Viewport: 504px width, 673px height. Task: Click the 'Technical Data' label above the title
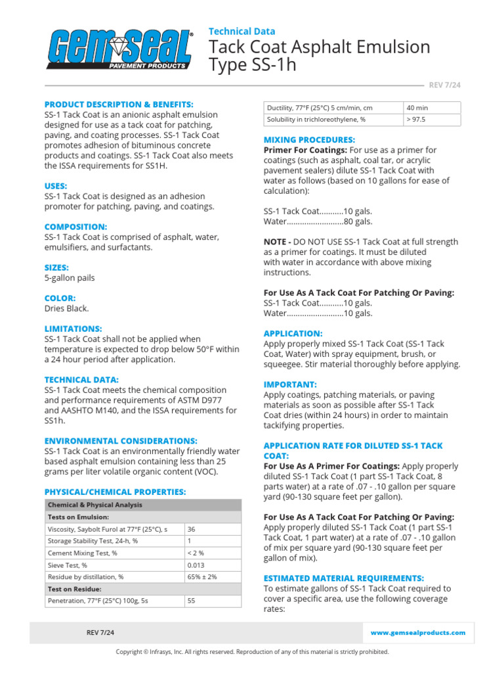pyautogui.click(x=241, y=31)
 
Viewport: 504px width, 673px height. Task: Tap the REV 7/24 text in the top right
pyautogui.click(x=444, y=85)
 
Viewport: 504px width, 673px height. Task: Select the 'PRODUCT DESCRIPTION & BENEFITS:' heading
pyautogui.click(x=119, y=104)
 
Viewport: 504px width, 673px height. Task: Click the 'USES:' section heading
pyautogui.click(x=56, y=186)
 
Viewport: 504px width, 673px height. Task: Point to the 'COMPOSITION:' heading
pyautogui.click(x=75, y=227)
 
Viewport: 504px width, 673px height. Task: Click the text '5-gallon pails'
pyautogui.click(x=70, y=278)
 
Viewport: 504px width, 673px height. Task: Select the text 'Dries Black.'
pyautogui.click(x=66, y=308)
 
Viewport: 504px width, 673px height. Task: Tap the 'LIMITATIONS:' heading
pyautogui.click(x=73, y=329)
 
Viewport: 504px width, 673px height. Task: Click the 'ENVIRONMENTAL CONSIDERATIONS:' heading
pyautogui.click(x=121, y=441)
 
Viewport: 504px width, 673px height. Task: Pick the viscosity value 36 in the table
pyautogui.click(x=192, y=529)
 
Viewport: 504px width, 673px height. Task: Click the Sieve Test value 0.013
pyautogui.click(x=196, y=565)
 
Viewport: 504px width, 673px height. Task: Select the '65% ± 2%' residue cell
pyautogui.click(x=202, y=577)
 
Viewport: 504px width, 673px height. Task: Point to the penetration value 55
pyautogui.click(x=192, y=601)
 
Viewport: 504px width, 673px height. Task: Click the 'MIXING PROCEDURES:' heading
pyautogui.click(x=309, y=140)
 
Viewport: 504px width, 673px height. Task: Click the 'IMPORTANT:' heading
pyautogui.click(x=289, y=384)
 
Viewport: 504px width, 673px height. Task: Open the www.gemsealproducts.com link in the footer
pyautogui.click(x=418, y=633)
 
